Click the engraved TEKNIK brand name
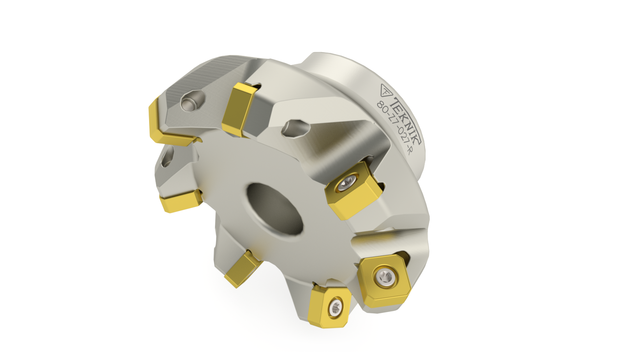click(406, 120)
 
